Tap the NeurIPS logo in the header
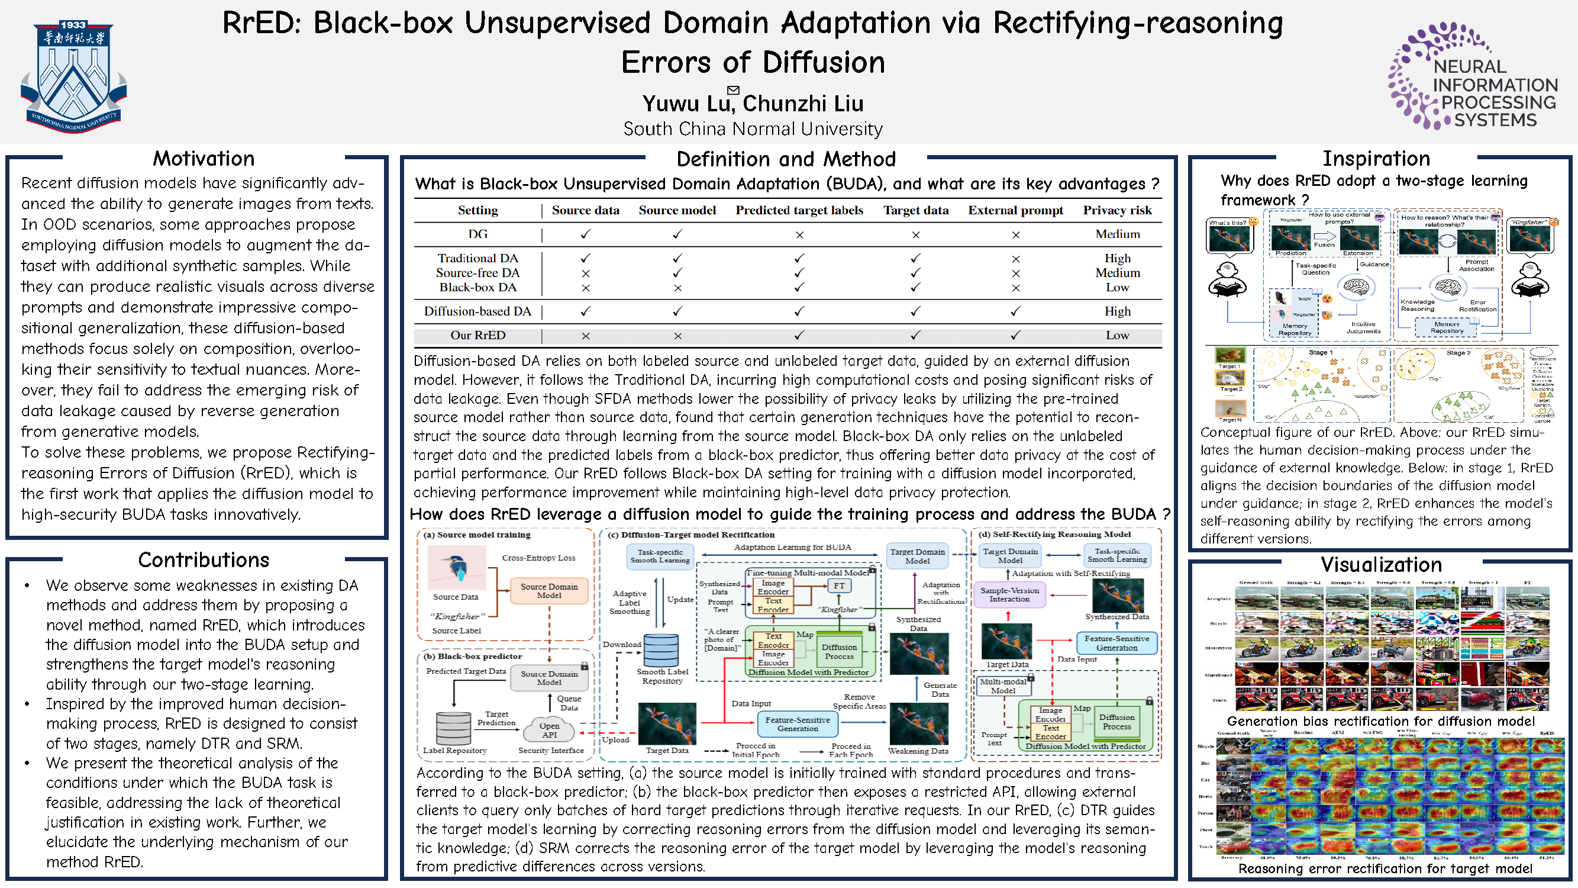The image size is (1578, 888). click(1473, 76)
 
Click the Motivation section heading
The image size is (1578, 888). click(204, 159)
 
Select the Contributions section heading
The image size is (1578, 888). click(204, 560)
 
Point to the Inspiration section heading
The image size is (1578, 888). click(1376, 159)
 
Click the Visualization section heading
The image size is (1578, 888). click(1381, 564)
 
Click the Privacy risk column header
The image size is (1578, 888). click(1116, 210)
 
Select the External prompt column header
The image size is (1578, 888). click(1015, 210)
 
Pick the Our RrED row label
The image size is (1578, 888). click(478, 335)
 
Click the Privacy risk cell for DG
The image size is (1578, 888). click(1117, 234)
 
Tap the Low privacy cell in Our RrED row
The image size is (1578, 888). click(1116, 335)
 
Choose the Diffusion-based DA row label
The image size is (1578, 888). click(478, 311)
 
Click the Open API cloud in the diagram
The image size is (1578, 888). click(550, 730)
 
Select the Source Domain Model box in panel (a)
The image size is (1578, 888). click(549, 591)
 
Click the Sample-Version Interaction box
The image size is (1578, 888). click(1009, 594)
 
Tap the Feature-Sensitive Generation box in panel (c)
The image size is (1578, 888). click(797, 725)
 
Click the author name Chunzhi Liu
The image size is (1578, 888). click(802, 104)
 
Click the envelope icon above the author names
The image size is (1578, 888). click(733, 90)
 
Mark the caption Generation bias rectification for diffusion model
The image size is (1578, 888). click(1381, 721)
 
